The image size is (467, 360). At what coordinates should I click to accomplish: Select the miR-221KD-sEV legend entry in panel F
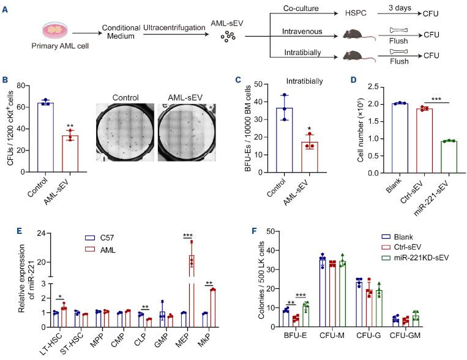click(402, 257)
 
